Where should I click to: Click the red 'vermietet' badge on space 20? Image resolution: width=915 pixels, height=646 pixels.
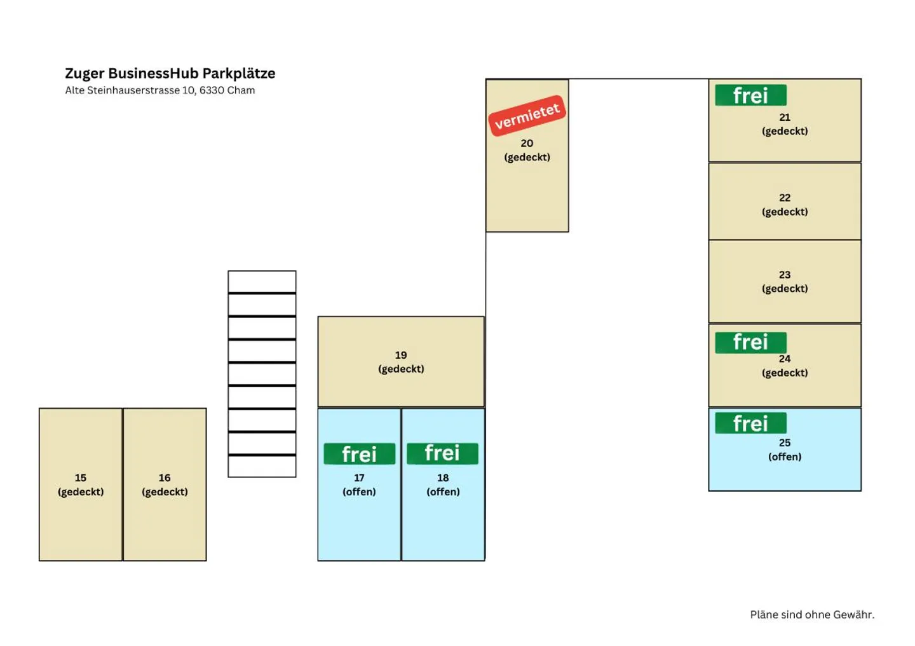pos(527,116)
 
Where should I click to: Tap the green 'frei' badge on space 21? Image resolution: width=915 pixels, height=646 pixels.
pos(751,95)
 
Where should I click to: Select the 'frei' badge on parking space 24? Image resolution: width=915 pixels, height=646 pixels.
pos(751,342)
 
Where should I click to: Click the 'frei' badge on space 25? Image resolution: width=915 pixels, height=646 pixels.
pos(751,423)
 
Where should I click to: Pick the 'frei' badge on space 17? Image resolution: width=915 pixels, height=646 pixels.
pos(360,454)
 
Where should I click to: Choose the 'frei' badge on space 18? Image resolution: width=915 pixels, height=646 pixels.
pos(442,453)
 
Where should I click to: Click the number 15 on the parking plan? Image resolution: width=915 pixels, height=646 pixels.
pos(81,478)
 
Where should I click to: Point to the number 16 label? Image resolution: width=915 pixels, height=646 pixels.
pos(165,478)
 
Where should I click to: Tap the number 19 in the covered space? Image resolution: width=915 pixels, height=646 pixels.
pos(401,355)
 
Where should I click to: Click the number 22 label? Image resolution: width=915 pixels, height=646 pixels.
pos(785,198)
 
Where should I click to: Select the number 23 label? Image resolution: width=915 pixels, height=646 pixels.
pos(785,275)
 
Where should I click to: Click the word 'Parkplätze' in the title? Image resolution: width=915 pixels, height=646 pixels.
pos(239,74)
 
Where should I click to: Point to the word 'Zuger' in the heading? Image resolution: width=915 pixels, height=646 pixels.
pos(85,74)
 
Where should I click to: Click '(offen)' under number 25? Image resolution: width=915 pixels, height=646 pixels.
pos(785,457)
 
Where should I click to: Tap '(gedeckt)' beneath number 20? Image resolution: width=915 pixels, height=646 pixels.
pos(527,158)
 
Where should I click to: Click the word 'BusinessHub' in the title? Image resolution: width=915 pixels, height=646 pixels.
pos(154,74)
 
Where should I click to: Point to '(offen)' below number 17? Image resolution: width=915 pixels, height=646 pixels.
pos(359,492)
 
